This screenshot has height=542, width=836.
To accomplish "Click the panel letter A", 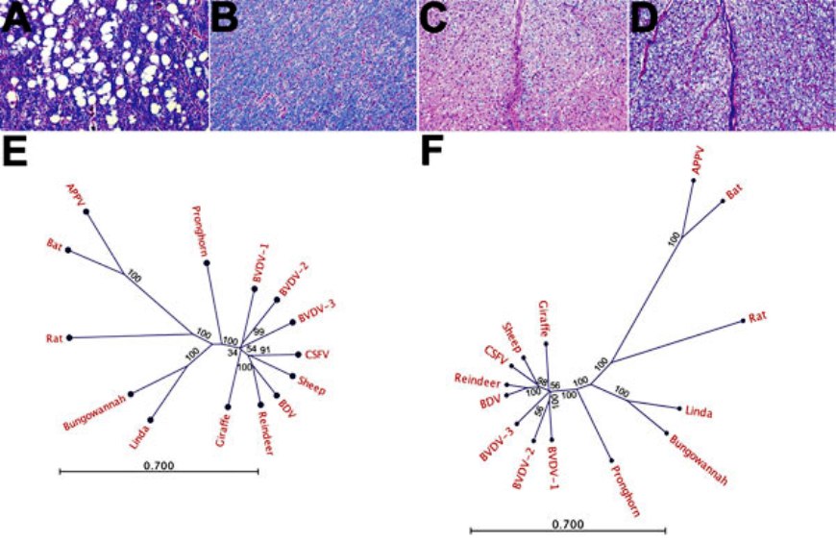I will (x=12, y=16).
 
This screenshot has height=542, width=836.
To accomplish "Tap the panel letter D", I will (x=641, y=16).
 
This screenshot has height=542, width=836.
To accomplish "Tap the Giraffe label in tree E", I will (x=222, y=433).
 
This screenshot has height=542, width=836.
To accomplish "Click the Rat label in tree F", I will (x=758, y=309).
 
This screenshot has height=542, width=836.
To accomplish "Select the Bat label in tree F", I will (x=733, y=192).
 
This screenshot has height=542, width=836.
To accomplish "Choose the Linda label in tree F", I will (x=699, y=411).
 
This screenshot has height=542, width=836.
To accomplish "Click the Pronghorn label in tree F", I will (x=626, y=491).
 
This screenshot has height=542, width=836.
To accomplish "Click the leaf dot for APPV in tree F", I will (x=695, y=187).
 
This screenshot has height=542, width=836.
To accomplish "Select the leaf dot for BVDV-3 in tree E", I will (x=291, y=321).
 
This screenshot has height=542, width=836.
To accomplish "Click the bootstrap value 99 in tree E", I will (x=258, y=332).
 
